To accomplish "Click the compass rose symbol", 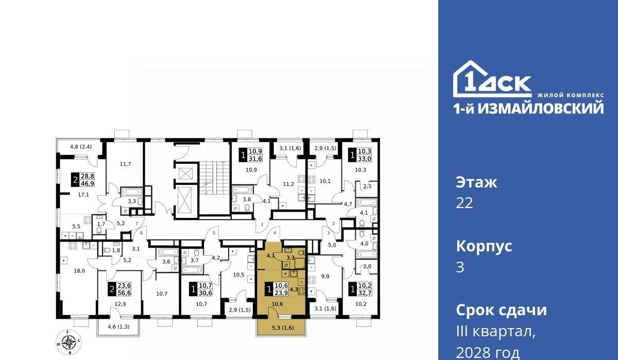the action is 68,342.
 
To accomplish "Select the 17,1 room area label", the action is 83,195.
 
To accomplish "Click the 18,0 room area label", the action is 79,271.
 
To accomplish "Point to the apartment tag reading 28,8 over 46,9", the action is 83,180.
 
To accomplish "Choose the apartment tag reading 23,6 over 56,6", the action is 119,289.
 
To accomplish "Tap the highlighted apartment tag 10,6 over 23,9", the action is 277,289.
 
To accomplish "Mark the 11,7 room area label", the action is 125,164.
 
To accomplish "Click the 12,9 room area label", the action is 121,304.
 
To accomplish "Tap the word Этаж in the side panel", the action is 476,182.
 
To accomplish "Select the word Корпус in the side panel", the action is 484,246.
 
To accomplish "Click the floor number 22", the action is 465,203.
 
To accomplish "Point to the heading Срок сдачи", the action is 501,310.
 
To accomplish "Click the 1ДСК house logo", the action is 492,79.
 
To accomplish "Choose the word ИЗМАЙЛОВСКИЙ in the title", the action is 540,109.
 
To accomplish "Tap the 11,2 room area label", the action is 288,184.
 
